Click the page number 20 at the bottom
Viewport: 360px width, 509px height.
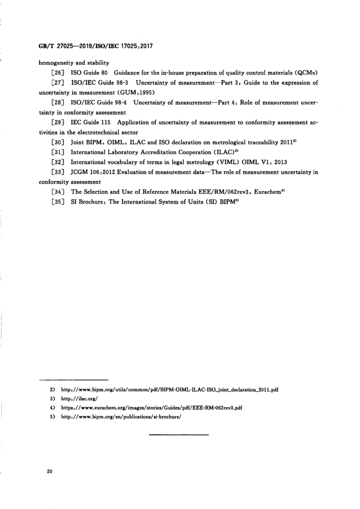[49, 471]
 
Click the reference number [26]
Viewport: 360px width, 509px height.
[58, 73]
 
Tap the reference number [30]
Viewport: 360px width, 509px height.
[58, 142]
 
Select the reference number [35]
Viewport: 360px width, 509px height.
[58, 202]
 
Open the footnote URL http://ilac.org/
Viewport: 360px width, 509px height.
[80, 398]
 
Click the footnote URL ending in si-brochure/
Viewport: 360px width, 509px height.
[121, 417]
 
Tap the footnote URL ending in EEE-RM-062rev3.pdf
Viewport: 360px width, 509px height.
[151, 408]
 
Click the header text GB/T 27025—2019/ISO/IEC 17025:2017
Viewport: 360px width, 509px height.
[96, 46]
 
